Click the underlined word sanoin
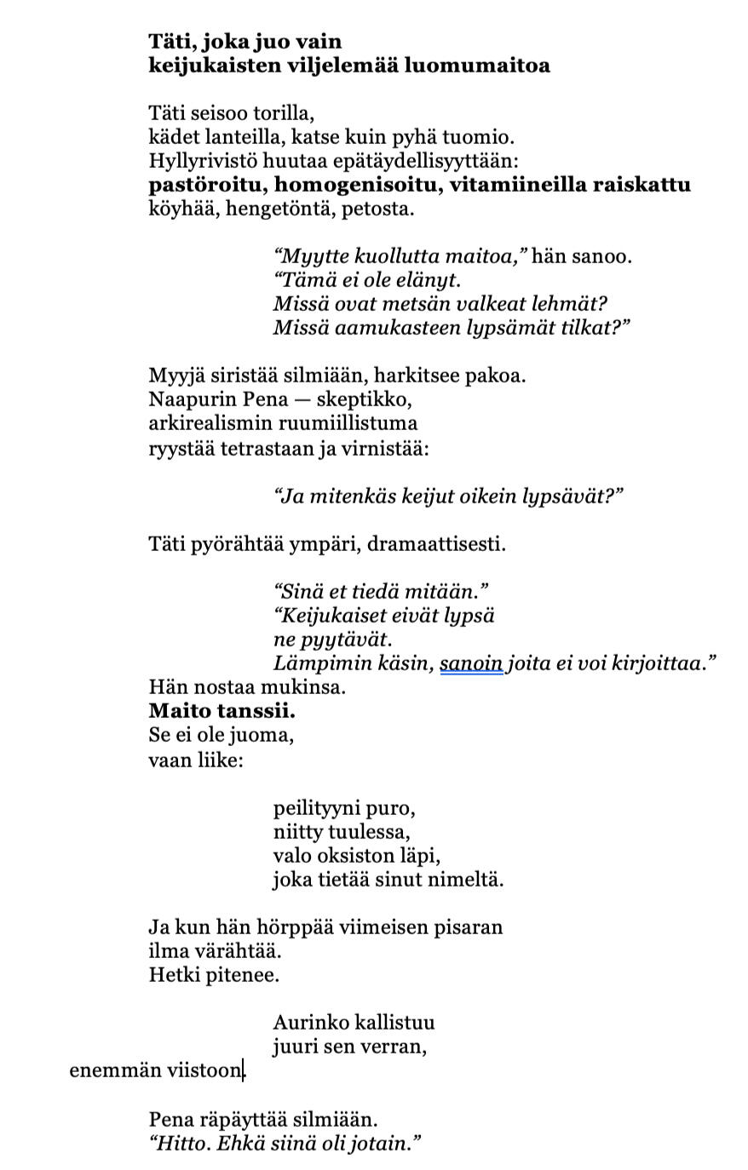tap(471, 663)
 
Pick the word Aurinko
tap(310, 1023)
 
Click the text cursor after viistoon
tap(245, 1070)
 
